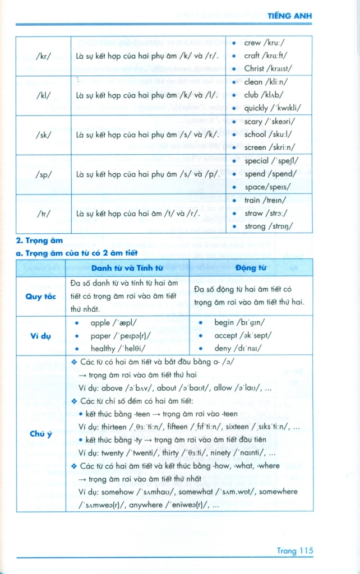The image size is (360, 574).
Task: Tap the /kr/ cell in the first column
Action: [43, 55]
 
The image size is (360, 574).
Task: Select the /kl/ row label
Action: [43, 95]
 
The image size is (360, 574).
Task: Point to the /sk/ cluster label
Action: [43, 135]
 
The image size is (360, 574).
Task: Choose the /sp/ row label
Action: [43, 174]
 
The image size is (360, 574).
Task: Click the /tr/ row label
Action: [43, 214]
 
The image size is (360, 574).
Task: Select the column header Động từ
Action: [251, 268]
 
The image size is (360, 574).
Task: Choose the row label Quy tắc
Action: [41, 297]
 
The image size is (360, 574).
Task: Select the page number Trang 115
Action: [294, 550]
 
